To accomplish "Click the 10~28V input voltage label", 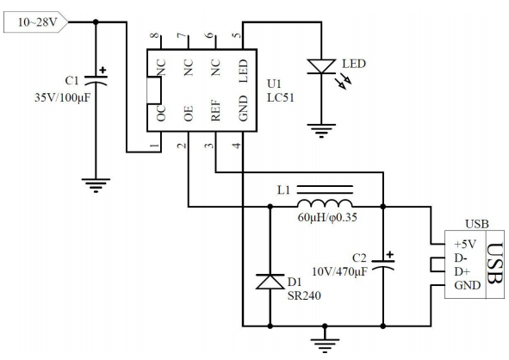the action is pyautogui.click(x=37, y=22).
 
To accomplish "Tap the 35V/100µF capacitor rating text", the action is pyautogui.click(x=62, y=97).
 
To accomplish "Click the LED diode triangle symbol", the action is pyautogui.click(x=321, y=66).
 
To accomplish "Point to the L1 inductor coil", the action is pyautogui.click(x=325, y=203).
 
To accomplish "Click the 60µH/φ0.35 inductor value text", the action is pyautogui.click(x=327, y=217).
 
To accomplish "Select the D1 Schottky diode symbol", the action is pyautogui.click(x=270, y=282).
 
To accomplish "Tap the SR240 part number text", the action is pyautogui.click(x=304, y=295).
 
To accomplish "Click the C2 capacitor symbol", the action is pyautogui.click(x=383, y=262).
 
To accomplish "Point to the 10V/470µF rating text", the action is pyautogui.click(x=340, y=271).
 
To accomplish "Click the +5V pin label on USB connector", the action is pyautogui.click(x=465, y=244).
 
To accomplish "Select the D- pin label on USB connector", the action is pyautogui.click(x=461, y=258).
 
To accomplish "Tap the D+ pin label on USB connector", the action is pyautogui.click(x=462, y=271).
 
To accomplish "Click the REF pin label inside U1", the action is pyautogui.click(x=215, y=110).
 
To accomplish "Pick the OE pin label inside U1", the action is pyautogui.click(x=189, y=114).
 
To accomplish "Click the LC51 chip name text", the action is pyautogui.click(x=281, y=97).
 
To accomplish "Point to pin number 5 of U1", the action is pyautogui.click(x=238, y=34).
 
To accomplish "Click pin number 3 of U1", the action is pyautogui.click(x=209, y=145).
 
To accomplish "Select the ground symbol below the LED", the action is pyautogui.click(x=321, y=131).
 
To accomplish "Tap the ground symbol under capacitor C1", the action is pyautogui.click(x=96, y=186).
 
